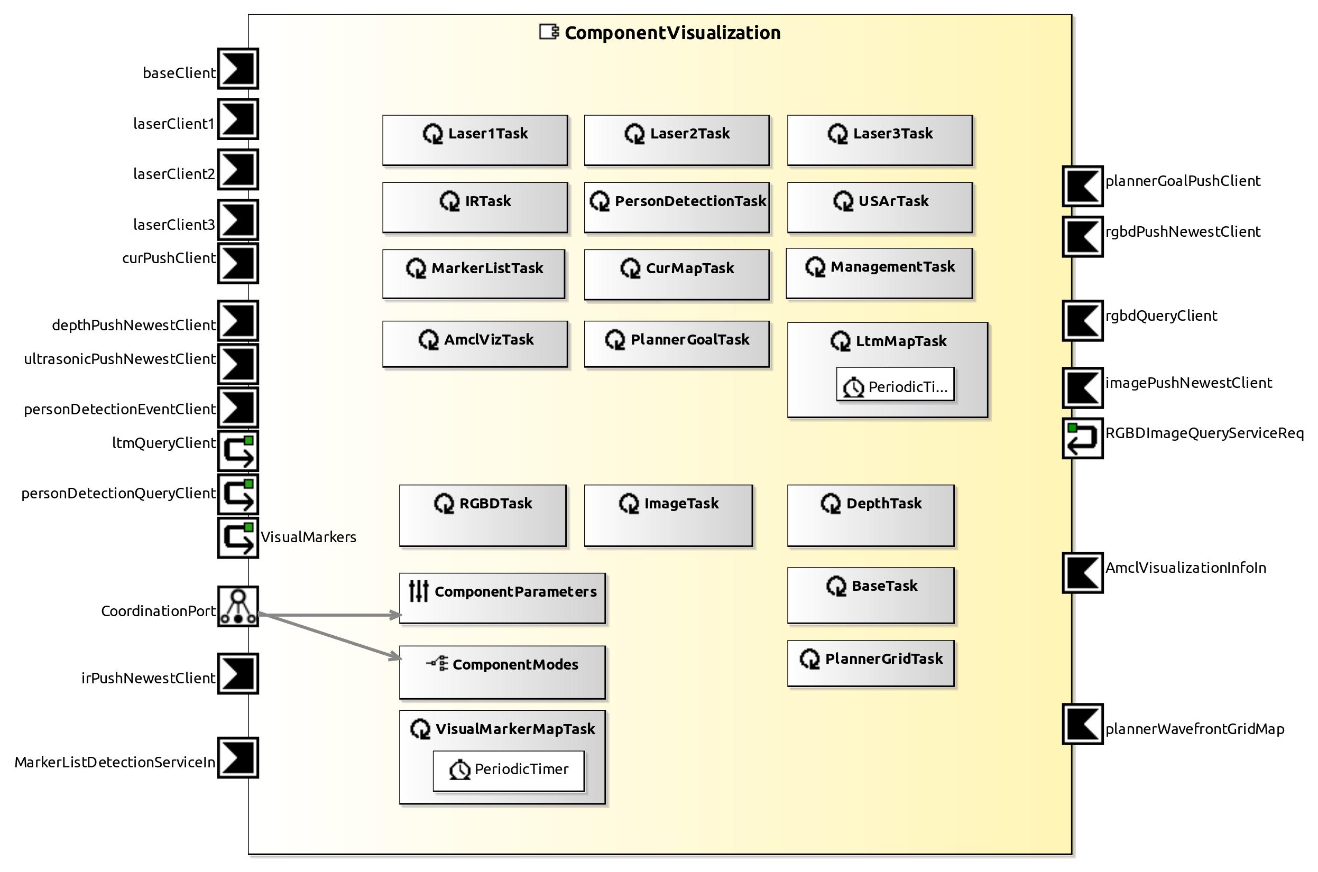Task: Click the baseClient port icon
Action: [237, 69]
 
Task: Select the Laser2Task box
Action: [677, 140]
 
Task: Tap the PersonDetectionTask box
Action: [677, 208]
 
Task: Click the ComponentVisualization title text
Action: [672, 33]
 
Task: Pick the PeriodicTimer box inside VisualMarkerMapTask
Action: [509, 771]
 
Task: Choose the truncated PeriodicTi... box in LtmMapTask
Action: [895, 384]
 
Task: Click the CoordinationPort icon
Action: [237, 606]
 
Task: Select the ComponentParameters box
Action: [502, 598]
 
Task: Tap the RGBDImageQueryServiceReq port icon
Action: [1082, 438]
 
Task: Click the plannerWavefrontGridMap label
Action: [1194, 729]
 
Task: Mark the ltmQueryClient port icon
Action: [237, 450]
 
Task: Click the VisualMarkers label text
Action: [308, 537]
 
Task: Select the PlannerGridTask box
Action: [870, 663]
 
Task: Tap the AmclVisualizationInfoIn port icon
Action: [1082, 573]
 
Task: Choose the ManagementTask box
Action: [879, 274]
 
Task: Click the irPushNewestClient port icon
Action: [237, 673]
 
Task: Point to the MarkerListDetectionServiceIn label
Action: [115, 762]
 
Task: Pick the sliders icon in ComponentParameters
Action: [418, 591]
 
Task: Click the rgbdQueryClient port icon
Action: [1082, 321]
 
